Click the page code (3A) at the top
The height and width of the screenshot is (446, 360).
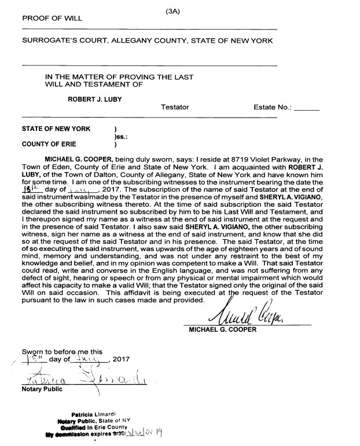(173, 9)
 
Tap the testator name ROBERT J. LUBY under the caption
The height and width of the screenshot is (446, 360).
(95, 98)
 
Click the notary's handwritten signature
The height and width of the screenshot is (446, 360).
(81, 379)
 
